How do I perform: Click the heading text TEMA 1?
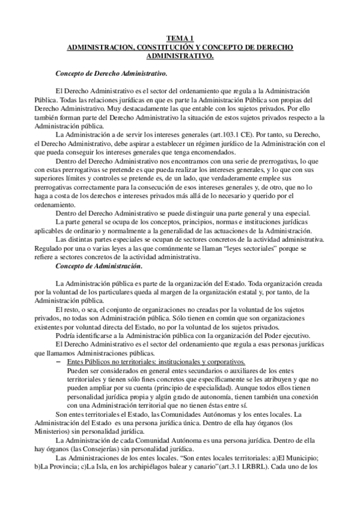tap(180, 37)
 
